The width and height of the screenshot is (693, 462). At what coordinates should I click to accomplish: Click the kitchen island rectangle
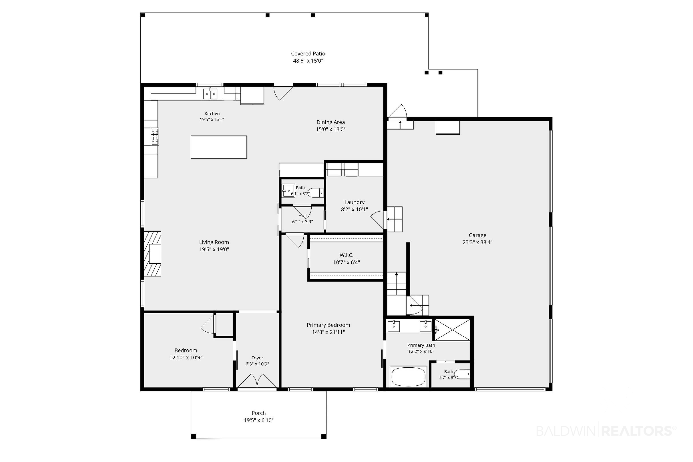pyautogui.click(x=219, y=147)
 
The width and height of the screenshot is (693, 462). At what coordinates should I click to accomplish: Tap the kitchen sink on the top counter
pyautogui.click(x=210, y=94)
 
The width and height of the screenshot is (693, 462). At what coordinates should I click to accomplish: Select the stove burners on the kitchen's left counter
pyautogui.click(x=155, y=136)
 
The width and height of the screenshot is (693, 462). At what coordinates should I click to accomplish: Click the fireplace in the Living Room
pyautogui.click(x=153, y=254)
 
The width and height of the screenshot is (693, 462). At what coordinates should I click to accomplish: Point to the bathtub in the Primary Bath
pyautogui.click(x=408, y=377)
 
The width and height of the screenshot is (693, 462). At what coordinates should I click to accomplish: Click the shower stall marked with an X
pyautogui.click(x=453, y=330)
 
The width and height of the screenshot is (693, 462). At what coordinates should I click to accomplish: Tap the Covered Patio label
pyautogui.click(x=308, y=54)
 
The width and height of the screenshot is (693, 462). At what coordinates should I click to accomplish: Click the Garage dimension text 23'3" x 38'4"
pyautogui.click(x=478, y=242)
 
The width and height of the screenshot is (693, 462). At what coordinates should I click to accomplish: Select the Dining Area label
pyautogui.click(x=330, y=122)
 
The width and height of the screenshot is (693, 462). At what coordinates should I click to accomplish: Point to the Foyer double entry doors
pyautogui.click(x=257, y=381)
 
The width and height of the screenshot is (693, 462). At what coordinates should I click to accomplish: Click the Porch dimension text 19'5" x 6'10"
pyautogui.click(x=259, y=421)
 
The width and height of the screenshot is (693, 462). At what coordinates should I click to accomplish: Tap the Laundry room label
pyautogui.click(x=355, y=202)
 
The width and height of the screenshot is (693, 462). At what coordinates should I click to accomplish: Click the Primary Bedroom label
pyautogui.click(x=328, y=325)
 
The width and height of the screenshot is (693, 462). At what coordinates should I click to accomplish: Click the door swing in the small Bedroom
pyautogui.click(x=208, y=324)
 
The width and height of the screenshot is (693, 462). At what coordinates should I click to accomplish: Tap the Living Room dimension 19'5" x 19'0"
pyautogui.click(x=214, y=250)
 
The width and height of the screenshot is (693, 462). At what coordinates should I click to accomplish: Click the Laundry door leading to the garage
pyautogui.click(x=378, y=221)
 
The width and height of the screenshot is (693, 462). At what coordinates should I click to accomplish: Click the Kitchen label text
pyautogui.click(x=212, y=113)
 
